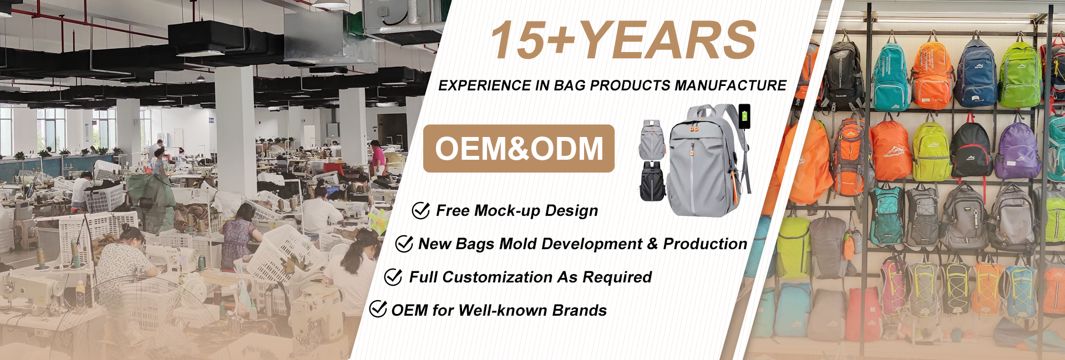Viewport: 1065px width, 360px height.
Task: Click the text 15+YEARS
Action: click(x=623, y=40)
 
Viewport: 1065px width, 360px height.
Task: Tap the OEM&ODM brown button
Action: click(x=519, y=148)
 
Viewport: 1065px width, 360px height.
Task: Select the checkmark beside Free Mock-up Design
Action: click(x=421, y=210)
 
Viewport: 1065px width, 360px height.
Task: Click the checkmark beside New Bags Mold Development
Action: click(x=404, y=244)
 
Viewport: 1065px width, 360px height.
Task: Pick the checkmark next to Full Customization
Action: click(x=393, y=277)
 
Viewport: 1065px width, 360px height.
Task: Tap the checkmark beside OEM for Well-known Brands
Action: click(x=378, y=309)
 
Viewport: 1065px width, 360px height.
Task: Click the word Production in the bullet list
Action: click(x=705, y=244)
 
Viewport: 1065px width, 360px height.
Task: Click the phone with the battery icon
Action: click(x=744, y=116)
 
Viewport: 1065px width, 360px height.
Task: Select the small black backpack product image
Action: click(x=652, y=181)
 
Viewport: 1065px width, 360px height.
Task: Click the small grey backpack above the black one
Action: click(x=652, y=140)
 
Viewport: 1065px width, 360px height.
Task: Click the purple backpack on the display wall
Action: click(x=1018, y=149)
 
